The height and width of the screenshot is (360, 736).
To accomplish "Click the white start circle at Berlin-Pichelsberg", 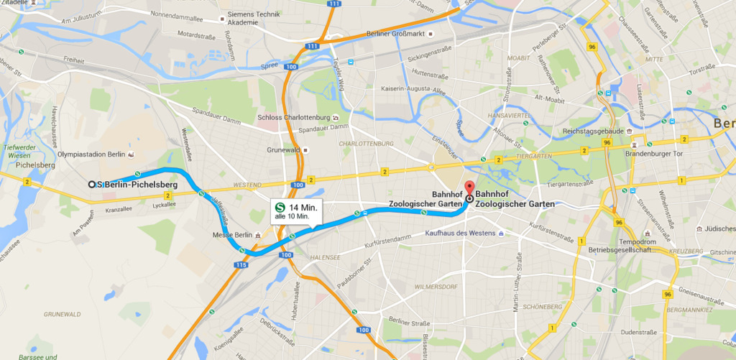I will (92, 185).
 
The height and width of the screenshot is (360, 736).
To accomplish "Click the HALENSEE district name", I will (325, 257).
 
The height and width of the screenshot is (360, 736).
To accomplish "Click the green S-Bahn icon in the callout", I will (279, 206).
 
